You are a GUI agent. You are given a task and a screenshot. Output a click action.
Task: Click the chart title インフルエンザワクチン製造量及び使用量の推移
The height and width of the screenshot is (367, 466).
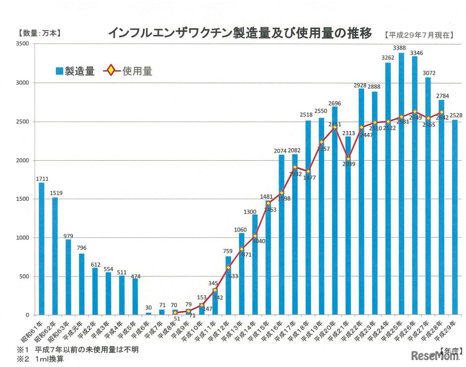(239, 34)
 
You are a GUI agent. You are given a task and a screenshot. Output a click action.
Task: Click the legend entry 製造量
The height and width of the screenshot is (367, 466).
(75, 71)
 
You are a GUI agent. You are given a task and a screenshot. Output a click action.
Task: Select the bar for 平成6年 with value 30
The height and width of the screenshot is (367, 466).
(148, 314)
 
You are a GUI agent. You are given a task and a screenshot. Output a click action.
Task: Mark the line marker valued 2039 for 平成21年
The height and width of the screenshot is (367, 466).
(348, 159)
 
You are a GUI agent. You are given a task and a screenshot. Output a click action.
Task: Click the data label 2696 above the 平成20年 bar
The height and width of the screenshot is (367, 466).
(335, 103)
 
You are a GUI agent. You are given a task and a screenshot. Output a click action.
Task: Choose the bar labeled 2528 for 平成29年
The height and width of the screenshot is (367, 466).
(455, 218)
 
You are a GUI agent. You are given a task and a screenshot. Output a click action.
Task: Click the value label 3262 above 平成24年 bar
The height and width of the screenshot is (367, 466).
(388, 58)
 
